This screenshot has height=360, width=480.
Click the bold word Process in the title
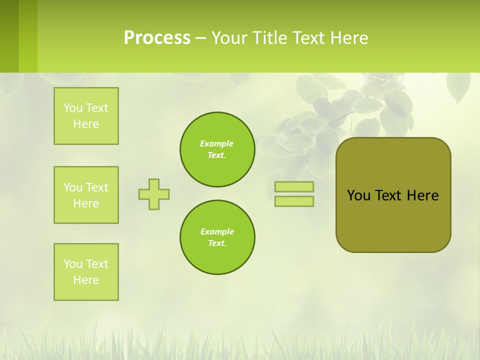pyautogui.click(x=157, y=38)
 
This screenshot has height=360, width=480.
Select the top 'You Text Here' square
pyautogui.click(x=86, y=116)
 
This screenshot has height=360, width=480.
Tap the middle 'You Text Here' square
pyautogui.click(x=86, y=195)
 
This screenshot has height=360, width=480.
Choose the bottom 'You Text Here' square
pyautogui.click(x=86, y=272)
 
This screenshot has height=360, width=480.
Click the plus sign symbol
pyautogui.click(x=154, y=194)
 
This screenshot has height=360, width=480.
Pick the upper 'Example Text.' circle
pyautogui.click(x=217, y=149)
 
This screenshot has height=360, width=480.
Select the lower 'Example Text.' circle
pyautogui.click(x=217, y=237)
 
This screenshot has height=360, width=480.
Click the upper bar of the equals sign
pyautogui.click(x=294, y=187)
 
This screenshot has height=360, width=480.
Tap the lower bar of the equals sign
pyautogui.click(x=294, y=201)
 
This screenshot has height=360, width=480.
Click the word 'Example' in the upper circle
pyautogui.click(x=216, y=143)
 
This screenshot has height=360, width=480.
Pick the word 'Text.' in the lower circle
pyautogui.click(x=217, y=243)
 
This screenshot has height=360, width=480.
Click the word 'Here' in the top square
pyautogui.click(x=86, y=124)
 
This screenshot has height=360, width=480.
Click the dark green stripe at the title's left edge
pyautogui.click(x=9, y=36)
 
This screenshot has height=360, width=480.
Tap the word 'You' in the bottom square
pyautogui.click(x=73, y=264)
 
